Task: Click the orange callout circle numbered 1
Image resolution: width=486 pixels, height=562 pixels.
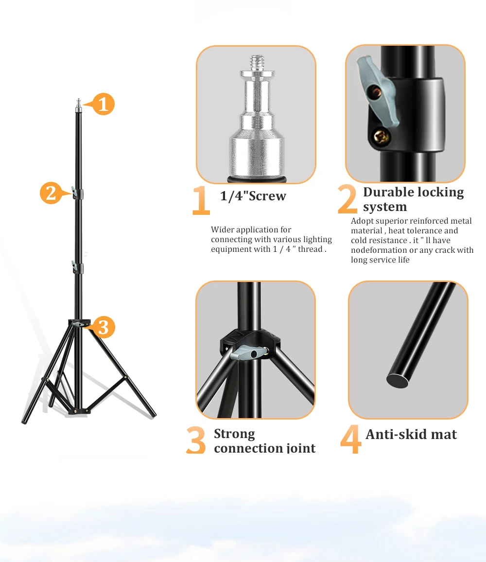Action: (x=103, y=104)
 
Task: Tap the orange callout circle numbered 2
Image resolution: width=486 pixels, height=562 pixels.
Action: (x=51, y=193)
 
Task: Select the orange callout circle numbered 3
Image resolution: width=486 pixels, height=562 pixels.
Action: (x=103, y=327)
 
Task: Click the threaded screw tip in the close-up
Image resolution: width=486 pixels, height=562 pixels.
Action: (x=256, y=62)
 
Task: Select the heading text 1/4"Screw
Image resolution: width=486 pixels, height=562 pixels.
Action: (x=253, y=196)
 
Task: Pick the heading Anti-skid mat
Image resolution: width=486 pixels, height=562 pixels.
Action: (x=411, y=434)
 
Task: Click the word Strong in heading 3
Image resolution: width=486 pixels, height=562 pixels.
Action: (x=234, y=433)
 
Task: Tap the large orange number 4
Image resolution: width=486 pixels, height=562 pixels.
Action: (x=350, y=439)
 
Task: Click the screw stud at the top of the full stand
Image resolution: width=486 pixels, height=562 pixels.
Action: (x=78, y=104)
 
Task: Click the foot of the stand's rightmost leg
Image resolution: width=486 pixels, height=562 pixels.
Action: (x=153, y=414)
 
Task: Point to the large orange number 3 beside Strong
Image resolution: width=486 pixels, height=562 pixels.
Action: (x=196, y=440)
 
